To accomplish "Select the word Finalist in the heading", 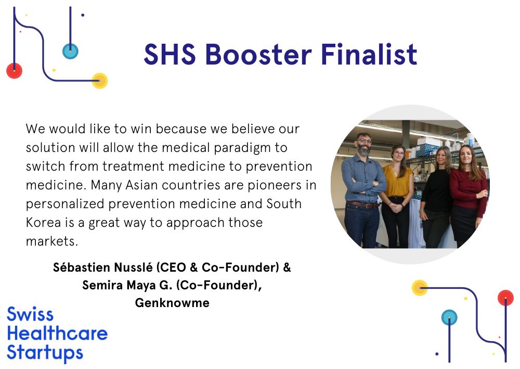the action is click(369, 54).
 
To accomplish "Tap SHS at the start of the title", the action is click(170, 54).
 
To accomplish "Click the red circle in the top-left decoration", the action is click(14, 70).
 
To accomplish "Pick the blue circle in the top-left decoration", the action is click(70, 51).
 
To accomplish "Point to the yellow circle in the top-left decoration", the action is click(99, 80).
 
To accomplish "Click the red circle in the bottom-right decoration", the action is click(505, 298).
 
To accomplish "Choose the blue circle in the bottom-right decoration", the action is click(449, 317).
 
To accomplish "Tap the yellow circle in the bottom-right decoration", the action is click(420, 288).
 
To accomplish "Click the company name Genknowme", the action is click(172, 302).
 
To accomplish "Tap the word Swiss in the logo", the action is click(30, 314).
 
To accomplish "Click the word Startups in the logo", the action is click(45, 353).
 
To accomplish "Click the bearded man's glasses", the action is click(364, 141).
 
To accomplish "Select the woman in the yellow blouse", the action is click(397, 196).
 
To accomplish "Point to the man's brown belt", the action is click(362, 205).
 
